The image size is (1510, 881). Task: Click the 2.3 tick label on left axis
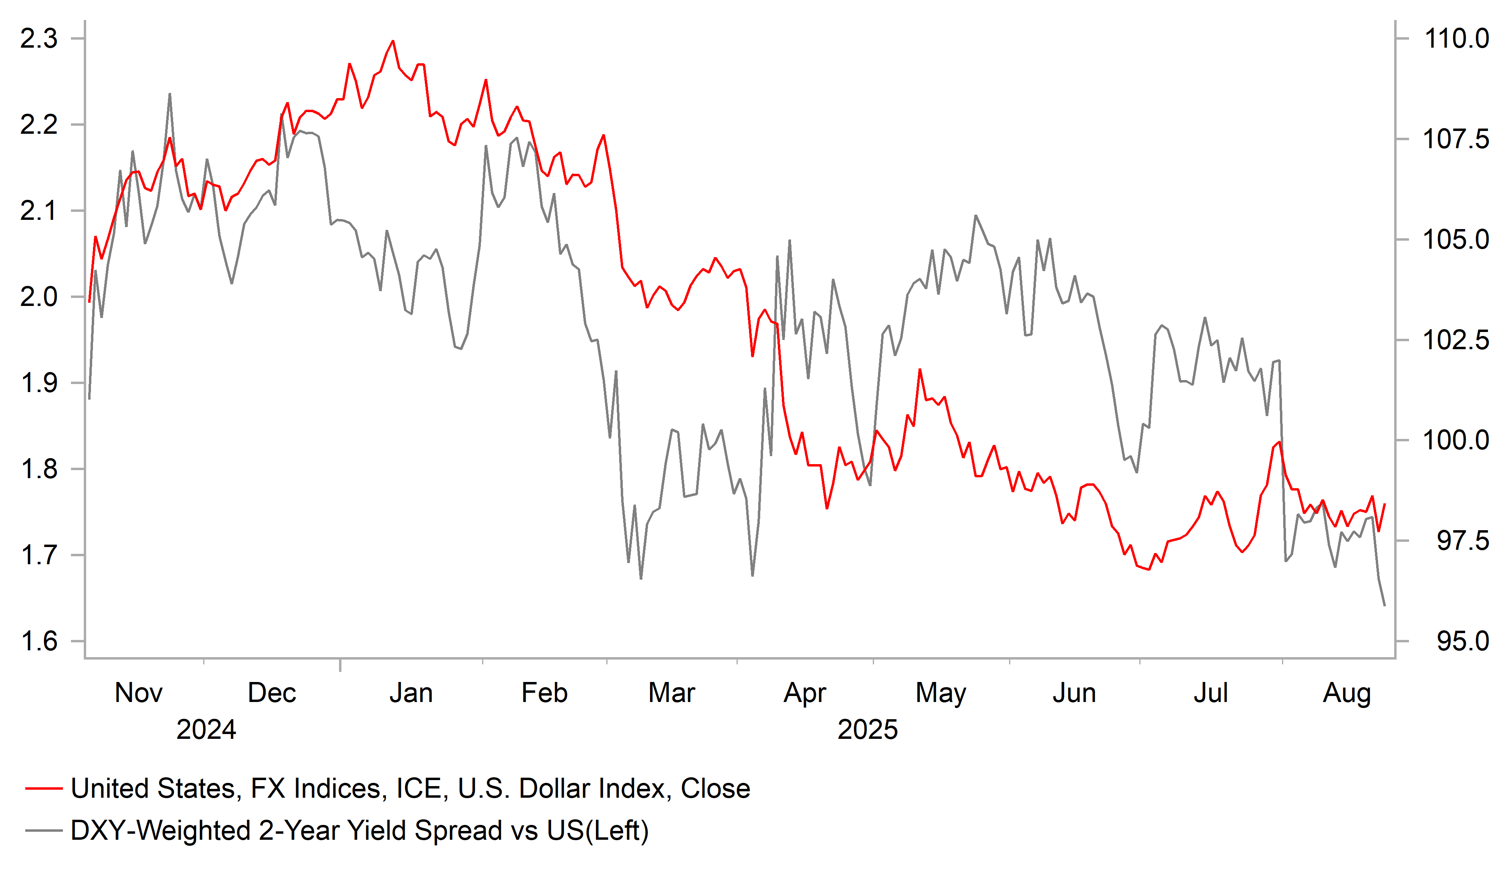[39, 39]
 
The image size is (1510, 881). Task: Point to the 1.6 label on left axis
[39, 642]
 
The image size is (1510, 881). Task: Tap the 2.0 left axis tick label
[39, 297]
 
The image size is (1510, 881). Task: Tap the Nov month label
[138, 693]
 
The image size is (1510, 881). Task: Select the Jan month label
[411, 693]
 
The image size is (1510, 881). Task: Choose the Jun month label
[1074, 693]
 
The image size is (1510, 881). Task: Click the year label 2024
[206, 730]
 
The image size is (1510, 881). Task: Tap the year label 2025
[867, 730]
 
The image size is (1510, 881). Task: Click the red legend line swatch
[44, 789]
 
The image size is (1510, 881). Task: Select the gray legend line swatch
[44, 831]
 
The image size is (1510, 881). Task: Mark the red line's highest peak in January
[393, 41]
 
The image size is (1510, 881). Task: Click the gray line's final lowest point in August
[1385, 605]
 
